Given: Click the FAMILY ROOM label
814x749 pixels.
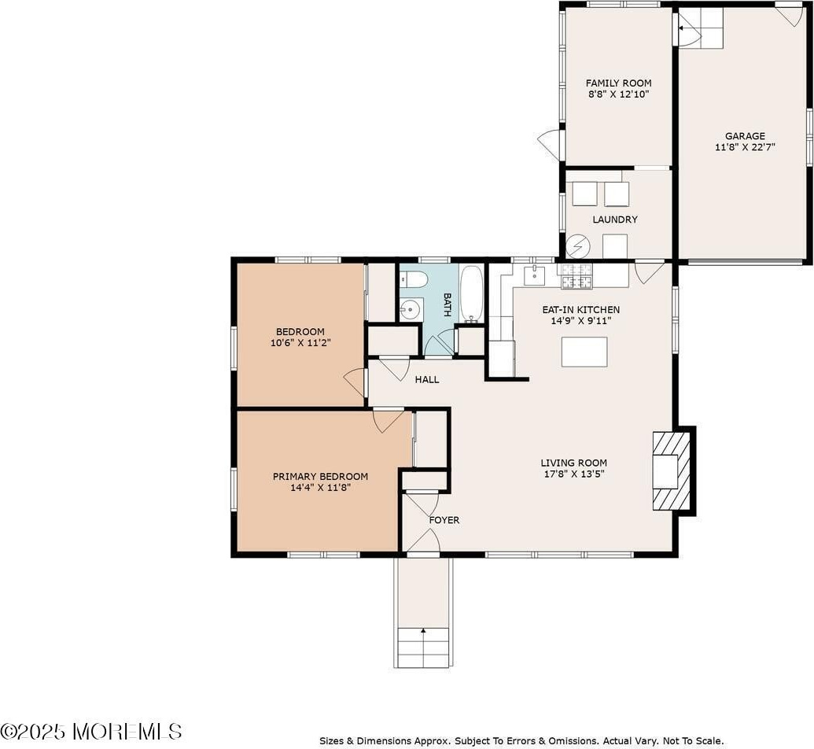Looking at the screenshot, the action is pyautogui.click(x=618, y=83).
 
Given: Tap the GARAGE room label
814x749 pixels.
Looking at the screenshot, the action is pyautogui.click(x=745, y=136).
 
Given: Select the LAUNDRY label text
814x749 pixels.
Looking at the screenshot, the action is pyautogui.click(x=615, y=220).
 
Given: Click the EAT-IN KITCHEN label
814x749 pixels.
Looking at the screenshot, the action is pyautogui.click(x=581, y=309).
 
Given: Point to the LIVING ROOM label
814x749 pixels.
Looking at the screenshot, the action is pyautogui.click(x=573, y=463).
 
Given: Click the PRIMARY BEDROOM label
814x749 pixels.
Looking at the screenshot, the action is pyautogui.click(x=320, y=476).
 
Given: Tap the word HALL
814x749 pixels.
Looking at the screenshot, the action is pyautogui.click(x=427, y=380).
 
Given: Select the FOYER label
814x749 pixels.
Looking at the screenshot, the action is pyautogui.click(x=444, y=520).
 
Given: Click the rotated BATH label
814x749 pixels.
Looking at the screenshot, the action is pyautogui.click(x=447, y=305).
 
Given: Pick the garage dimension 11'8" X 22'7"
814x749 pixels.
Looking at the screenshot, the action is pyautogui.click(x=745, y=147).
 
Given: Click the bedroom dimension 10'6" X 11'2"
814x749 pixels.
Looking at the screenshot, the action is pyautogui.click(x=300, y=343).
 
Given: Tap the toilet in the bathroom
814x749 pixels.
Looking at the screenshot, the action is pyautogui.click(x=413, y=282).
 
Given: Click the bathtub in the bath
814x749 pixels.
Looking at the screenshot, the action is pyautogui.click(x=471, y=294).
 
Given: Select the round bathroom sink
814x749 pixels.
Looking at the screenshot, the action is pyautogui.click(x=411, y=310).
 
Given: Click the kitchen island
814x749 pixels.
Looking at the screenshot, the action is pyautogui.click(x=584, y=352).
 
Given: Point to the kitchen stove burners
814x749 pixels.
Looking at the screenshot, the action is pyautogui.click(x=575, y=276).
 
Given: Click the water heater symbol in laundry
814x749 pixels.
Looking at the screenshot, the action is pyautogui.click(x=578, y=246).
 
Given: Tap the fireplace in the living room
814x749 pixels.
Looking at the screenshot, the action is pyautogui.click(x=671, y=470).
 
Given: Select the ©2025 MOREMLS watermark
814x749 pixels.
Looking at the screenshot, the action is pyautogui.click(x=91, y=732).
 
